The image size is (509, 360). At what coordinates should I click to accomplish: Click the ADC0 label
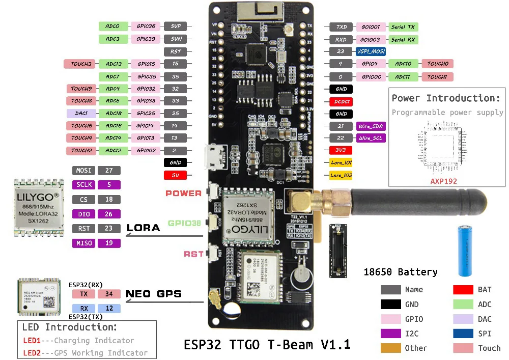coord(112,26)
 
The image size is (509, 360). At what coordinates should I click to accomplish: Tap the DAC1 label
coord(81,113)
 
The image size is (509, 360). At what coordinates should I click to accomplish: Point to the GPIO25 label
coord(146,113)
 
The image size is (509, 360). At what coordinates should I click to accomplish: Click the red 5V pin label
coord(175,175)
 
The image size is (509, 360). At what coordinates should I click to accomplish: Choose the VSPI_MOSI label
coord(370,51)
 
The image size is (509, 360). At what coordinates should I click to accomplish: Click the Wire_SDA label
coord(371,126)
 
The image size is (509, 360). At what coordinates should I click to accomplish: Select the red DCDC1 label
coord(341,101)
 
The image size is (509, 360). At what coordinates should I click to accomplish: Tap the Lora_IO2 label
coord(341,175)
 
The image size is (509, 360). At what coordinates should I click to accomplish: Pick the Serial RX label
coord(403,39)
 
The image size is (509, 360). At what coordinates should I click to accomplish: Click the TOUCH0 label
coord(437,64)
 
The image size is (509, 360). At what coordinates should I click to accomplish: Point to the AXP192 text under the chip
coord(443,181)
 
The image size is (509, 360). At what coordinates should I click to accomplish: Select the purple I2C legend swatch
coord(390,333)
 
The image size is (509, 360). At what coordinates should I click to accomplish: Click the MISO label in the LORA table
coord(84,243)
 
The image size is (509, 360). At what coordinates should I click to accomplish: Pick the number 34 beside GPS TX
coord(109,294)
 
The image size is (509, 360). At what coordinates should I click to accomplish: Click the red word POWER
coord(183,193)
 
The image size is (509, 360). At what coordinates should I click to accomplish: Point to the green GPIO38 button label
coord(184,223)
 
